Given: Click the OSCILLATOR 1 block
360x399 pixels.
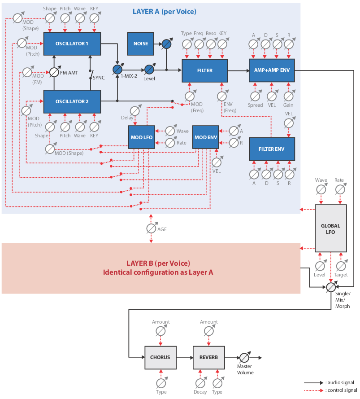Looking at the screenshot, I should click(72, 44).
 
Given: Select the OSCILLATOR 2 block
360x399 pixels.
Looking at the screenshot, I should click(72, 101).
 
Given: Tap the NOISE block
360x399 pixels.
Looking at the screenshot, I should click(141, 44).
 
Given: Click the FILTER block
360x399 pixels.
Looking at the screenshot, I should click(205, 70).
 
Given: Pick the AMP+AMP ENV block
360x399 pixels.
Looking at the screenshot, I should click(272, 70).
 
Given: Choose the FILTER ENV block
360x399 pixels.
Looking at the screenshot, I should click(272, 149).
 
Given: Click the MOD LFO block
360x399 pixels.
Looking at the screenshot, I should click(142, 136).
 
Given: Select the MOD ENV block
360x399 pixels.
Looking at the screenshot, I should click(205, 136).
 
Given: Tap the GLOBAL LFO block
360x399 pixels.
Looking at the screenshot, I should click(331, 228).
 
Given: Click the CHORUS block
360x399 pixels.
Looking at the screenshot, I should click(160, 357).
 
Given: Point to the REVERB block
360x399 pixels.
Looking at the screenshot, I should click(208, 357).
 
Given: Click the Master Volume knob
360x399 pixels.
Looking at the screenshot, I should click(244, 358).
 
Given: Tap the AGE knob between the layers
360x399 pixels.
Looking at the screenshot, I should click(152, 228).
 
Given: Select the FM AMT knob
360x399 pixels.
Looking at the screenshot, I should click(54, 72).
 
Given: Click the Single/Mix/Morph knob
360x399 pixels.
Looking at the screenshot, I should click(331, 286).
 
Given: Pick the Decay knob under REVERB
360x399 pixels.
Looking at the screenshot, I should click(200, 383).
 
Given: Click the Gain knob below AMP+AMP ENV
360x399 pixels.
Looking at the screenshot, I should click(288, 96).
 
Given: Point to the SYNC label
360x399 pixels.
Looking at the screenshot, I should click(99, 78).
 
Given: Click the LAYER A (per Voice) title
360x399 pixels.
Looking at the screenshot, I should click(164, 11).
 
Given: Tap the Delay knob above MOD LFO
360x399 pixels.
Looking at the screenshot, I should click(134, 111).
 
